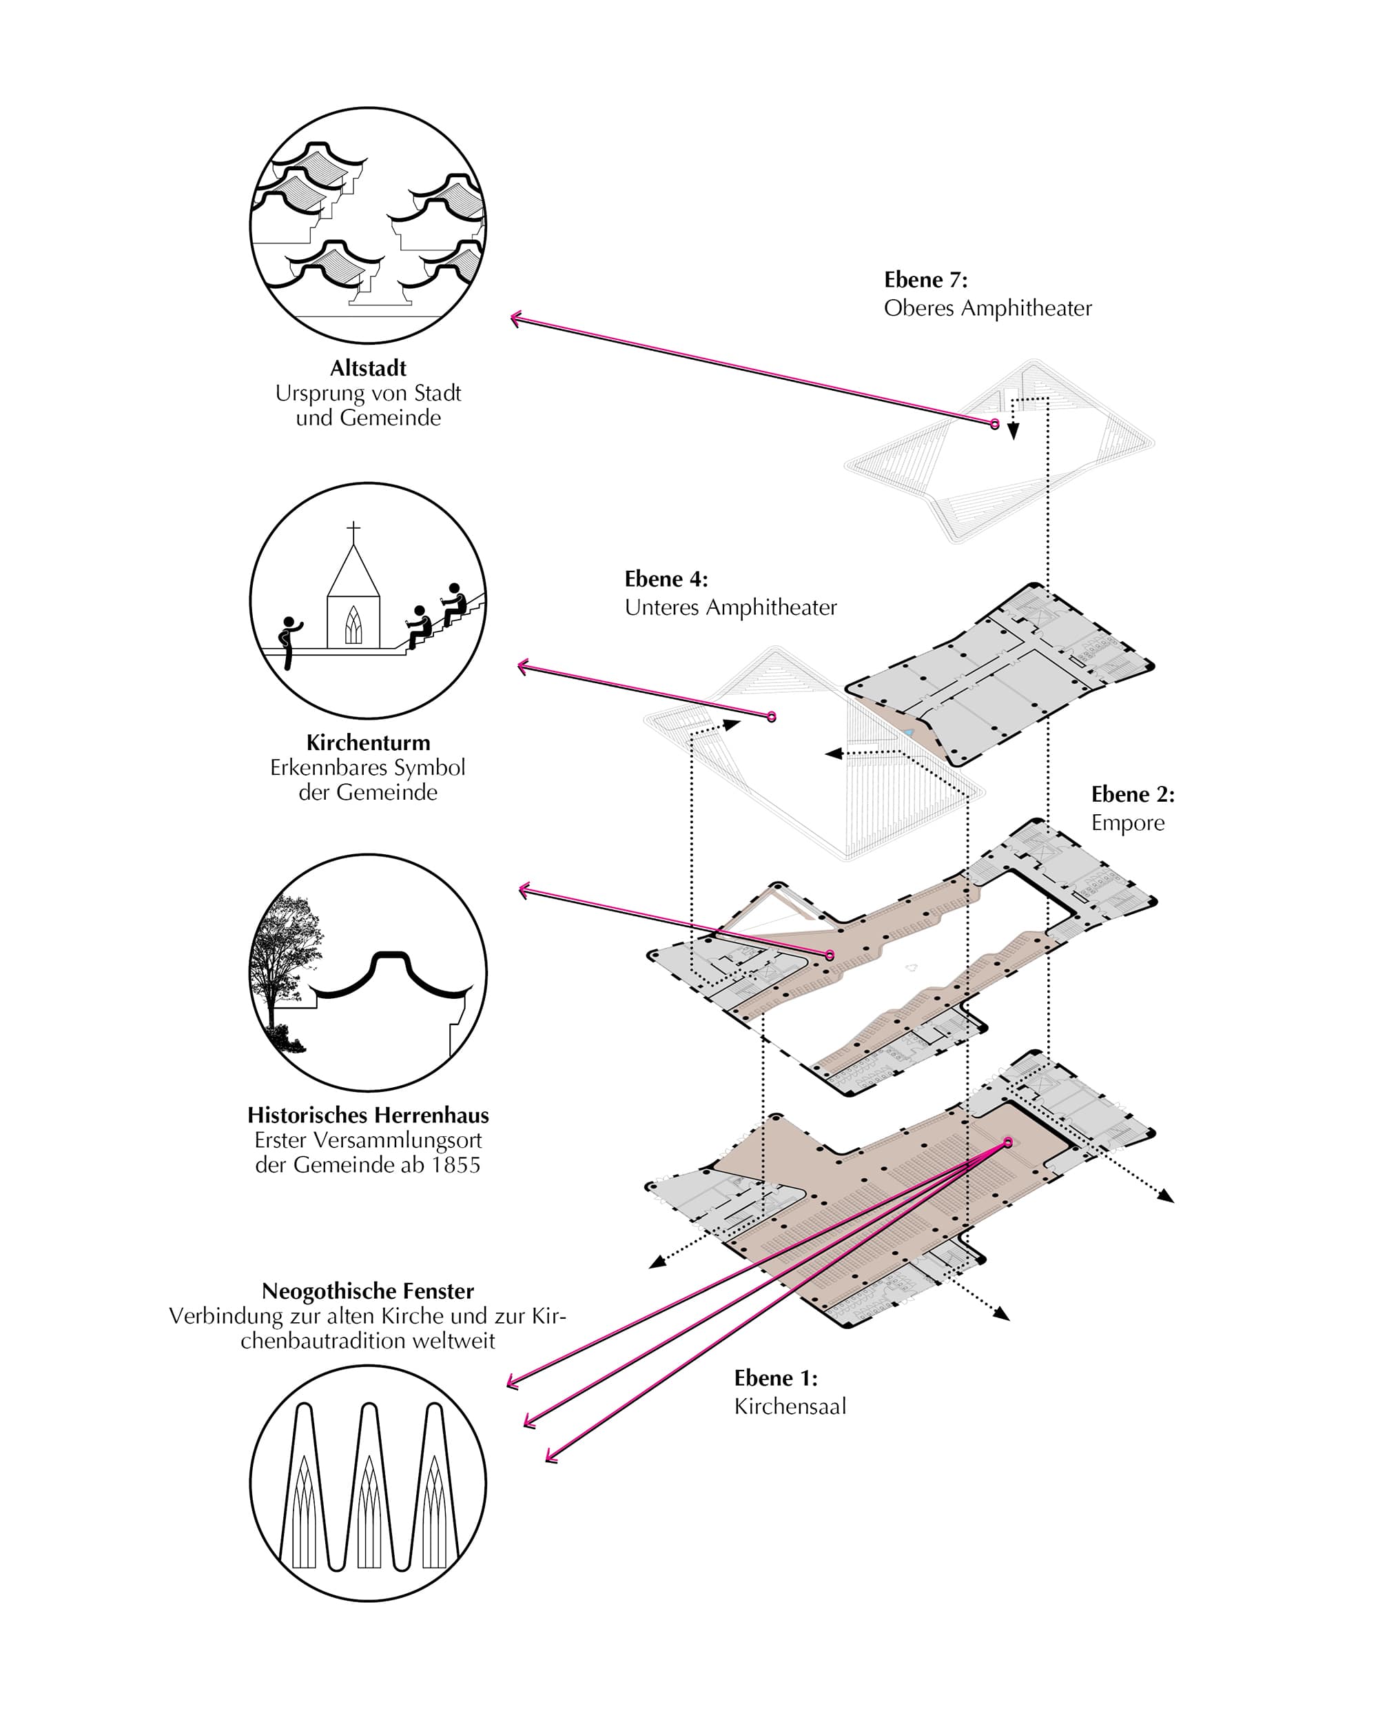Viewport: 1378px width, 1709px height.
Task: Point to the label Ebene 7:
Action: [x=925, y=279]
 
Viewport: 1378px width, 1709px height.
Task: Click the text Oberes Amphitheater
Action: [x=987, y=308]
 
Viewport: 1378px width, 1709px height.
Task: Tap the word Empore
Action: [x=1128, y=822]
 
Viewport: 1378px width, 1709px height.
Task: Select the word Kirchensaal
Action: [x=790, y=1406]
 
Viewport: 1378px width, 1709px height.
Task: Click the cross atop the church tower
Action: [x=353, y=529]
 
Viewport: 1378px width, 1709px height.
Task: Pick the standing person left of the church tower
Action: [x=289, y=643]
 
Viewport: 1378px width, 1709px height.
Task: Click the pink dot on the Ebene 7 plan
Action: [x=995, y=425]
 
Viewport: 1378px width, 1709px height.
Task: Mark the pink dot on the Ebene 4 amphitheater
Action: [x=771, y=717]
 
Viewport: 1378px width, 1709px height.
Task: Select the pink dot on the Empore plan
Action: [x=830, y=955]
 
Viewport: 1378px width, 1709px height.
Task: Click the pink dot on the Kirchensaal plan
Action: [x=1008, y=1143]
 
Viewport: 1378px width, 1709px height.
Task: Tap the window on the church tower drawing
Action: [x=353, y=625]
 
